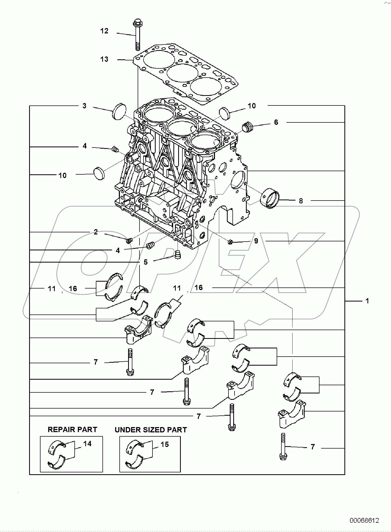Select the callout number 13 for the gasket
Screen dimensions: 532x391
[104, 59]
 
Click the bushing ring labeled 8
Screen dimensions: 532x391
[270, 199]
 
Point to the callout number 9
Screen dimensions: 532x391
[256, 241]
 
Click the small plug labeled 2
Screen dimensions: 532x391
[129, 241]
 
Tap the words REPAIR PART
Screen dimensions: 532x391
[72, 429]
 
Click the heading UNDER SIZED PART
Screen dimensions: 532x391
[151, 430]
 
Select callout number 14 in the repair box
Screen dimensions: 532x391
[87, 444]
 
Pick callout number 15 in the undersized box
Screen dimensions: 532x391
[165, 444]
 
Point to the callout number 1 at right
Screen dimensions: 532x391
[367, 301]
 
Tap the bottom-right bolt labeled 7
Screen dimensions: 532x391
[283, 447]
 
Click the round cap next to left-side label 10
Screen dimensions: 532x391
[99, 174]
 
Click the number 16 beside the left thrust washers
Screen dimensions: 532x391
[73, 289]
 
